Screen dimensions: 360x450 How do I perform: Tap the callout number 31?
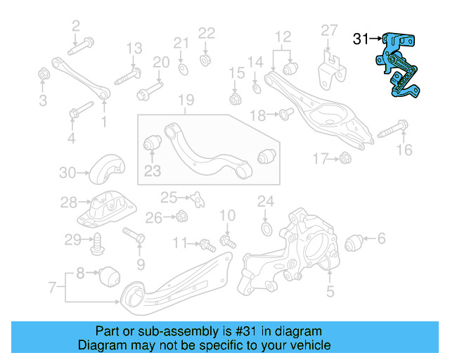click(361, 39)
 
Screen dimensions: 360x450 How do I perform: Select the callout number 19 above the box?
click(185, 101)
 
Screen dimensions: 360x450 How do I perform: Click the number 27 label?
click(330, 30)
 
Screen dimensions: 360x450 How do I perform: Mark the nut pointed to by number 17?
click(345, 159)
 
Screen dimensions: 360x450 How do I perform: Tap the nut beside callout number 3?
click(43, 73)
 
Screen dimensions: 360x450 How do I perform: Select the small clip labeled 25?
click(199, 199)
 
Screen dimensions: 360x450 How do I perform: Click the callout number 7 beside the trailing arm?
click(51, 287)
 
